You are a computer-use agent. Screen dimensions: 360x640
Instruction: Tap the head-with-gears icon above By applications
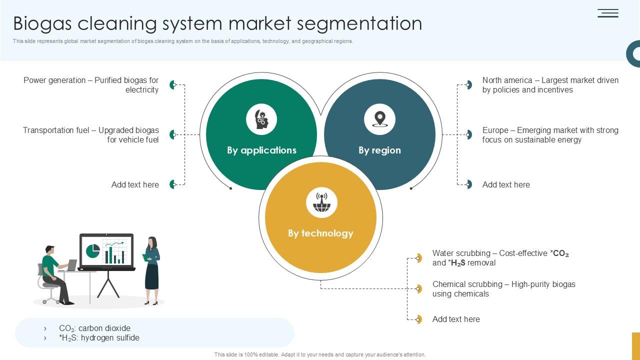[261, 119]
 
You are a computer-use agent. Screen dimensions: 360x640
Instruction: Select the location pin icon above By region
[380, 119]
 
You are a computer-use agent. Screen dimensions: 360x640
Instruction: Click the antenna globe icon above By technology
[321, 202]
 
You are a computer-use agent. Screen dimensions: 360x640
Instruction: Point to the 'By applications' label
[261, 150]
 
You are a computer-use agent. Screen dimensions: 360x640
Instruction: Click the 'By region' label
[379, 150]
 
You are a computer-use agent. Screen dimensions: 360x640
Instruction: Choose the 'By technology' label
[320, 233]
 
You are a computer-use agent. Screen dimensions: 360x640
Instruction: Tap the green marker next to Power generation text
[172, 84]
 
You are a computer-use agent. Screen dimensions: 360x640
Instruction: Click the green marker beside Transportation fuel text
[172, 134]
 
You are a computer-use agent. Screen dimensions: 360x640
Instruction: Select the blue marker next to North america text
[468, 84]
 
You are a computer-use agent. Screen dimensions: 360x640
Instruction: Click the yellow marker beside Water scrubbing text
[418, 258]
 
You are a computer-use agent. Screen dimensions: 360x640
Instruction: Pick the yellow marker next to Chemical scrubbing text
[418, 288]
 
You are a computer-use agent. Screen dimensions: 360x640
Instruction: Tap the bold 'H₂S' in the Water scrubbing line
[458, 263]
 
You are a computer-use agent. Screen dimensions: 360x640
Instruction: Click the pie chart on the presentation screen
[93, 251]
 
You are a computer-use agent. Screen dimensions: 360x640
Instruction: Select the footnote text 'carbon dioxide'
[104, 328]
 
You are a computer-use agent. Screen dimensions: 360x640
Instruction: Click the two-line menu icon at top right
[608, 13]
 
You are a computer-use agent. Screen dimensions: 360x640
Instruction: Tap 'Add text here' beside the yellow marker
[456, 319]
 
